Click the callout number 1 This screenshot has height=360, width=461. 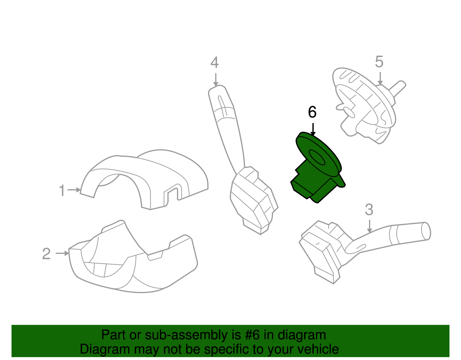click(x=62, y=191)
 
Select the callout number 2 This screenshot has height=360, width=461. click(x=46, y=254)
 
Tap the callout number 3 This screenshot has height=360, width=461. click(x=369, y=210)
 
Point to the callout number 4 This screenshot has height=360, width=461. click(x=215, y=63)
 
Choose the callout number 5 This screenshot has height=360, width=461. click(x=379, y=62)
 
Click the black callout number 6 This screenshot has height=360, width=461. click(x=312, y=112)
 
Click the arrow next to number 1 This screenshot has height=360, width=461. click(x=74, y=190)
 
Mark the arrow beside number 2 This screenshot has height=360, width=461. click(x=62, y=253)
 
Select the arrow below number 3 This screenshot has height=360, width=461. click(x=369, y=226)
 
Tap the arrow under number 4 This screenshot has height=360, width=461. click(x=216, y=80)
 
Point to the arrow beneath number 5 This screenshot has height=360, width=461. click(x=380, y=78)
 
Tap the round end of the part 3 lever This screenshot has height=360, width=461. click(x=426, y=231)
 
